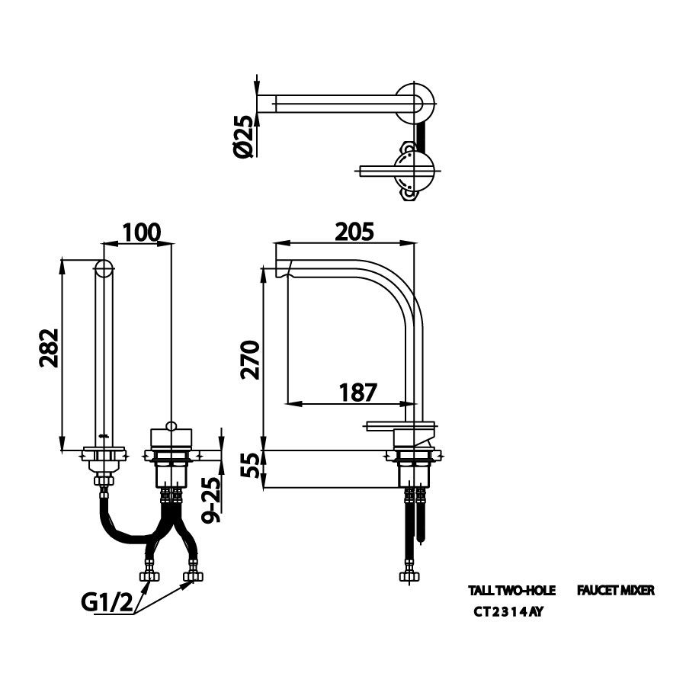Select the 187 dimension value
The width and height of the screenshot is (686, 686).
coord(357,392)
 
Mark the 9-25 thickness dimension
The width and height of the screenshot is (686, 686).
coord(213,499)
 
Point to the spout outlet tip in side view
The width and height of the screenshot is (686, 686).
coord(281,270)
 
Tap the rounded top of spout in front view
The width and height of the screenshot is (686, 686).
coord(104,268)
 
